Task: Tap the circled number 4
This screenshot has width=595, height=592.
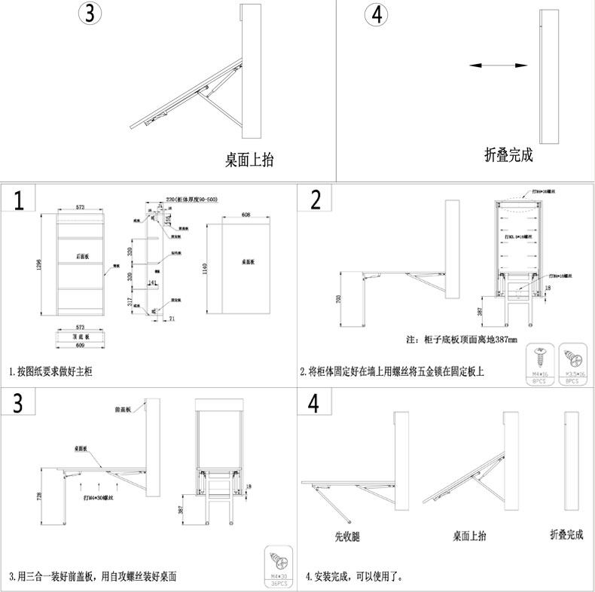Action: tap(377, 15)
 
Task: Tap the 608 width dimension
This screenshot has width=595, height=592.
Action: tap(246, 215)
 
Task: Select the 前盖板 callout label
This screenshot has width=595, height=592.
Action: tap(124, 410)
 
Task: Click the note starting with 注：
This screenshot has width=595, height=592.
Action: tap(461, 340)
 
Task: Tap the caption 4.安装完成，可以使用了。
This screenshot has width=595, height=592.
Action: tap(354, 577)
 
